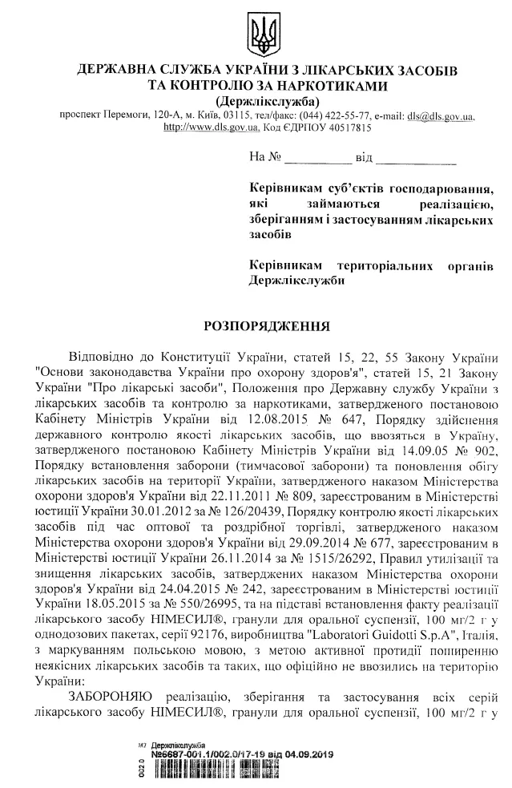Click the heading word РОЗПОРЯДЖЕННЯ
(x=256, y=327)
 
